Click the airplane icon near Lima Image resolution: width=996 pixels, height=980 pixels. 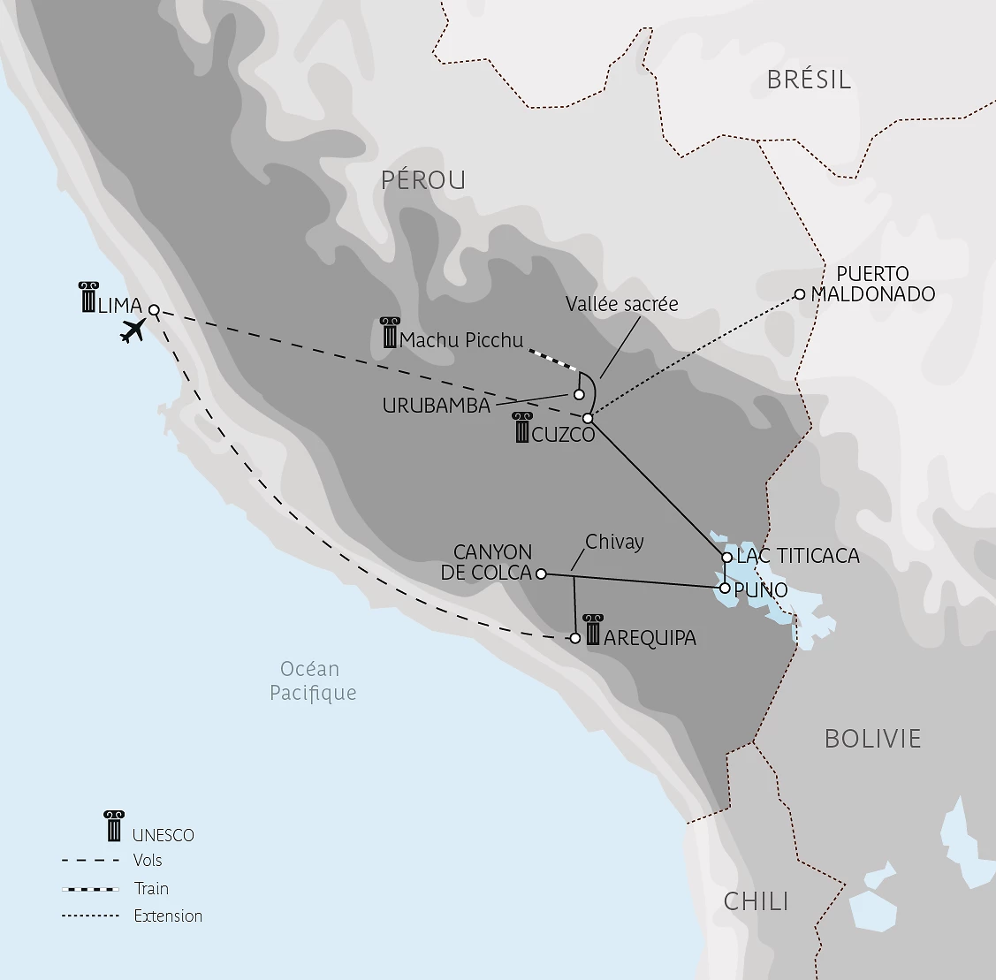pyautogui.click(x=133, y=330)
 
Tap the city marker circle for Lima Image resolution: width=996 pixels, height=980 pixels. pyautogui.click(x=154, y=310)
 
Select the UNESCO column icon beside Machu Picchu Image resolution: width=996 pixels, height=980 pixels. pyautogui.click(x=390, y=332)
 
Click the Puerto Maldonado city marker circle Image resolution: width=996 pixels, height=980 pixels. pyautogui.click(x=800, y=294)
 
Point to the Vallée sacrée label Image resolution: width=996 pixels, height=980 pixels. pyautogui.click(x=622, y=304)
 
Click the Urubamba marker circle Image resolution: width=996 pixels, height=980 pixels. pyautogui.click(x=579, y=394)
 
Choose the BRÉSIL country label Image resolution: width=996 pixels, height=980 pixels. pyautogui.click(x=809, y=80)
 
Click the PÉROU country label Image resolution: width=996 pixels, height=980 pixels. pyautogui.click(x=423, y=180)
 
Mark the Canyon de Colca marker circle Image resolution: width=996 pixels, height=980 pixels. pyautogui.click(x=542, y=574)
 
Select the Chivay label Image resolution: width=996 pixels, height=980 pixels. pyautogui.click(x=614, y=542)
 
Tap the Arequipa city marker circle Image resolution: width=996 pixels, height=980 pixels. pyautogui.click(x=575, y=638)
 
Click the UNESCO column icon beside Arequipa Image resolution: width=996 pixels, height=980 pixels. pyautogui.click(x=593, y=628)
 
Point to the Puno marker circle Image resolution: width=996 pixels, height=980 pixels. pyautogui.click(x=725, y=588)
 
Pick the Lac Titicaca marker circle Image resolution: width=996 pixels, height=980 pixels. pyautogui.click(x=726, y=558)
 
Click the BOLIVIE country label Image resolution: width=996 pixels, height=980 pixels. pyautogui.click(x=872, y=739)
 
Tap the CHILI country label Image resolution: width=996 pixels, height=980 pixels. pyautogui.click(x=756, y=901)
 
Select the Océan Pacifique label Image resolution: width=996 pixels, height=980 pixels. pyautogui.click(x=312, y=680)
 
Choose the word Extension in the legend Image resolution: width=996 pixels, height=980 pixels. pyautogui.click(x=168, y=916)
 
